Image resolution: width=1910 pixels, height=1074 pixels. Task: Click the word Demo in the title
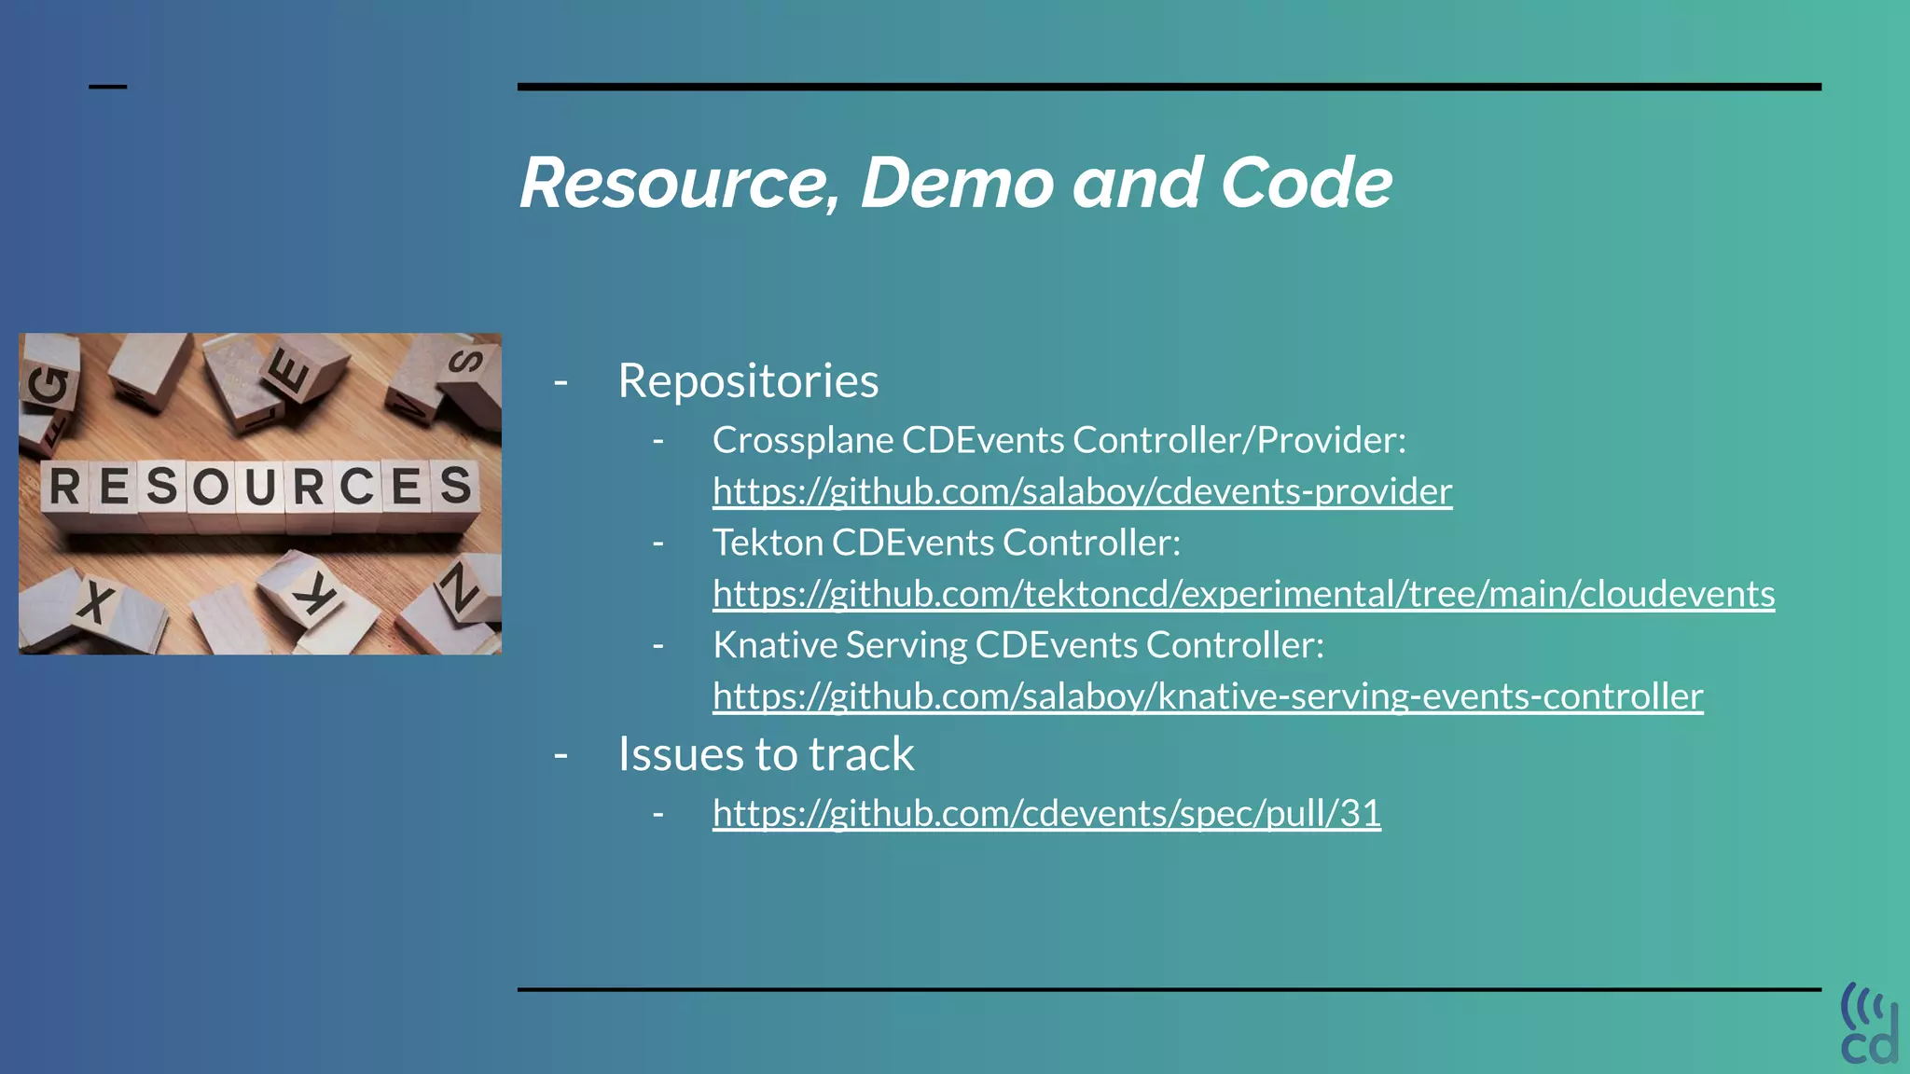pyautogui.click(x=958, y=183)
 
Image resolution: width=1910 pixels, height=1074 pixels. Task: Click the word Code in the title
pyautogui.click(x=1306, y=183)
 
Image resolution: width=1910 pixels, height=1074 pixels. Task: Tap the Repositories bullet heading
pyautogui.click(x=748, y=380)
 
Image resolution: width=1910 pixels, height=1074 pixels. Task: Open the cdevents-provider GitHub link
pyautogui.click(x=1082, y=491)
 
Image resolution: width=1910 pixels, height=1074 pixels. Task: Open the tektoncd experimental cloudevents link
pyautogui.click(x=1243, y=594)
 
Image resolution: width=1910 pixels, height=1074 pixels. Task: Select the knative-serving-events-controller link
pyautogui.click(x=1208, y=696)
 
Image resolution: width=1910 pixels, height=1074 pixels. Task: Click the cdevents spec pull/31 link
pyautogui.click(x=1046, y=813)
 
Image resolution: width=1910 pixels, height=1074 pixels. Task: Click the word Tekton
pyautogui.click(x=768, y=543)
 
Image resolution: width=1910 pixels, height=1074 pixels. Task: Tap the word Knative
pyautogui.click(x=774, y=645)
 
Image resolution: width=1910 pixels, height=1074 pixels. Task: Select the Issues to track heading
pyautogui.click(x=766, y=754)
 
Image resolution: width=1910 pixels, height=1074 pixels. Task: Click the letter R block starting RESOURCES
pyautogui.click(x=64, y=487)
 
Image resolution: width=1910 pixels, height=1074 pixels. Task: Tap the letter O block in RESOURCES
pyautogui.click(x=211, y=487)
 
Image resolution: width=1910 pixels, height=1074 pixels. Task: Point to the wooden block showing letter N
pyautogui.click(x=462, y=589)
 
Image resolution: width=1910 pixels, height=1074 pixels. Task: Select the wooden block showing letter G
pyautogui.click(x=48, y=387)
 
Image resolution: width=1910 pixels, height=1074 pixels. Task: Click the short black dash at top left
pyautogui.click(x=107, y=87)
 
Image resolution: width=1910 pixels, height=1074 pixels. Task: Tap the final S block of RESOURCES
pyautogui.click(x=456, y=485)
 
